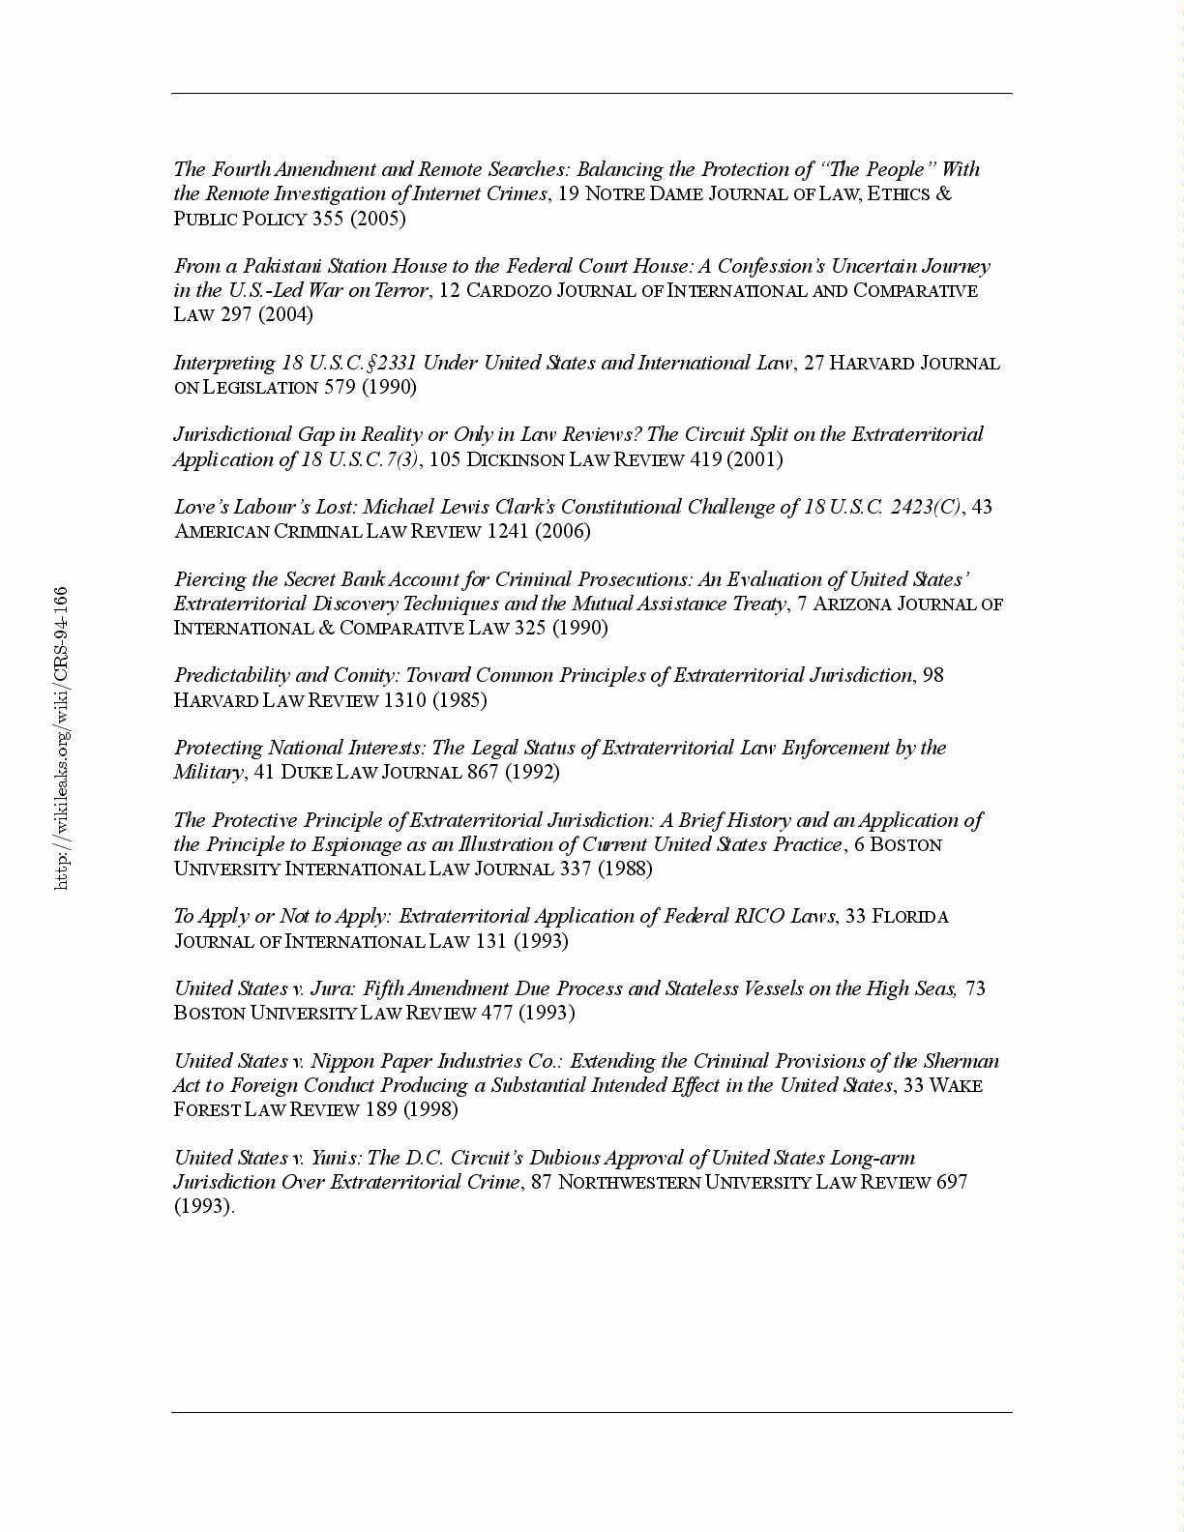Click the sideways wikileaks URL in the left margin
tap(61, 737)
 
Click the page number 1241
tap(508, 531)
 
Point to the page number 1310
tap(404, 700)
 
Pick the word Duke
tap(307, 772)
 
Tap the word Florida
tap(910, 917)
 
